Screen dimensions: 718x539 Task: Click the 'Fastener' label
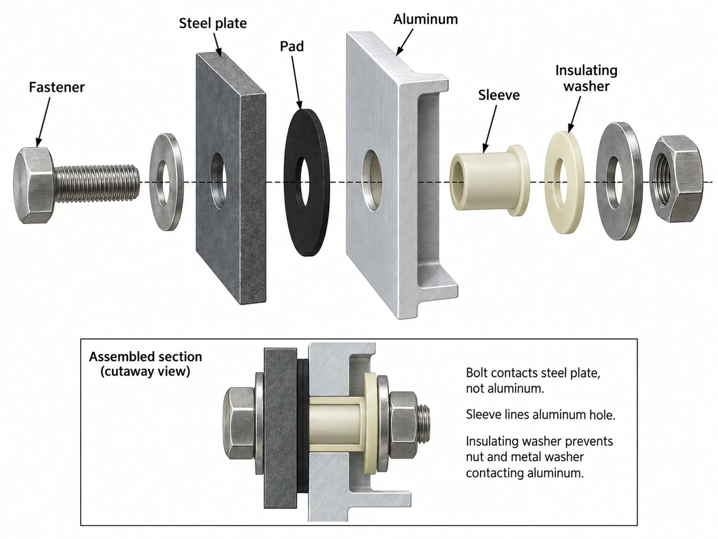click(57, 87)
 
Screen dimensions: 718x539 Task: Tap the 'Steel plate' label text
click(213, 23)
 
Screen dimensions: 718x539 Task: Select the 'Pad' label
click(292, 46)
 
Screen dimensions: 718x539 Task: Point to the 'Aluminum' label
click(425, 19)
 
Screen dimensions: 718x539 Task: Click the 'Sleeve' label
click(499, 95)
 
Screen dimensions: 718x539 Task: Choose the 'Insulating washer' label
click(587, 79)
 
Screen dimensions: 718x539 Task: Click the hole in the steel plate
click(219, 180)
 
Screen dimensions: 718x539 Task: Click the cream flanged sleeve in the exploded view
click(489, 181)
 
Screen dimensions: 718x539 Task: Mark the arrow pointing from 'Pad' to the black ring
click(296, 82)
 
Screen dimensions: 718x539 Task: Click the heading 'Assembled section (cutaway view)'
click(145, 364)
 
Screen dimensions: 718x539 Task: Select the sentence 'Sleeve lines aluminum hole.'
click(540, 415)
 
